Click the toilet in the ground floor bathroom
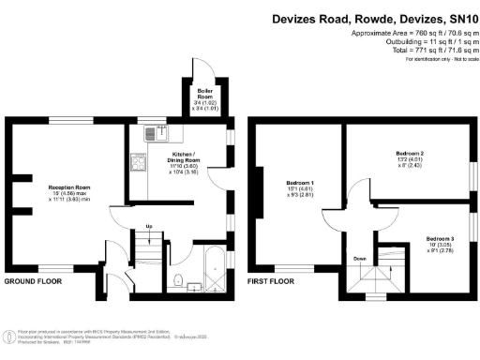point(177,278)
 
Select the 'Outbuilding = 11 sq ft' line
point(423,43)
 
